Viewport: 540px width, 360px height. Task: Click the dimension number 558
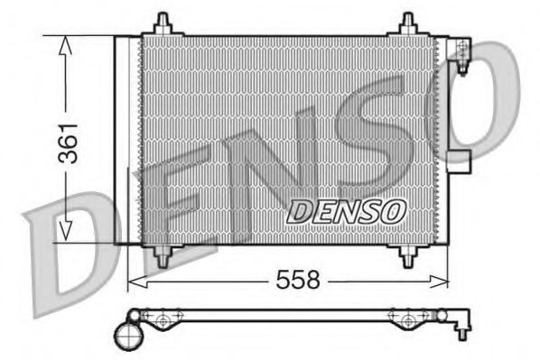pyautogui.click(x=298, y=281)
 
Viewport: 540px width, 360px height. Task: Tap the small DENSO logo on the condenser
pyautogui.click(x=346, y=211)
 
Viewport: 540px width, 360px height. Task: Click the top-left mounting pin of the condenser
pyautogui.click(x=163, y=24)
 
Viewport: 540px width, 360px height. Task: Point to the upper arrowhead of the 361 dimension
pyautogui.click(x=64, y=47)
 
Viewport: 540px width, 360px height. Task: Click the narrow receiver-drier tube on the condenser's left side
pyautogui.click(x=120, y=140)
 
